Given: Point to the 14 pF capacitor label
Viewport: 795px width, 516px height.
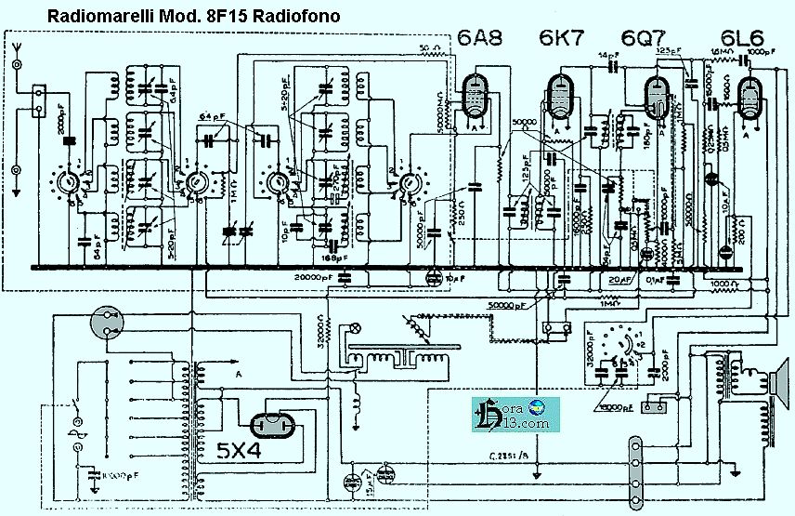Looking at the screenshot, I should [x=607, y=57].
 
